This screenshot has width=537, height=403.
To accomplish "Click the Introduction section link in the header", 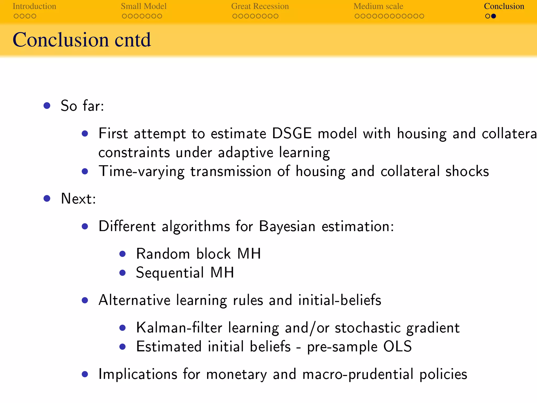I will click(x=34, y=6).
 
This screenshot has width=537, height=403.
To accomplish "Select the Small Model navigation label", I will click(x=143, y=6).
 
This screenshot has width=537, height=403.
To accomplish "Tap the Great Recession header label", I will click(x=260, y=6).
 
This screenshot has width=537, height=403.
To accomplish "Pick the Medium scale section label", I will click(x=378, y=6).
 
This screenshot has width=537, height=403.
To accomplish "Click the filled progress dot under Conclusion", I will click(x=493, y=16).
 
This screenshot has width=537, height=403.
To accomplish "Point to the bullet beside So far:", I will click(x=47, y=105).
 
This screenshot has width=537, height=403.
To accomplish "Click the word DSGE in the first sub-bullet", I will click(x=292, y=133).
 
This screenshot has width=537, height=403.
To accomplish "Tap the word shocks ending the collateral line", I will click(x=467, y=171).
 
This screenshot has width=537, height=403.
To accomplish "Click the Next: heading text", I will click(x=78, y=199).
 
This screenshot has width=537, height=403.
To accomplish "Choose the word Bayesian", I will click(x=287, y=226).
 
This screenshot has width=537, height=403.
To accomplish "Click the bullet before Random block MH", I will click(x=122, y=254).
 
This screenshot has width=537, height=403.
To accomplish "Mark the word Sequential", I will click(x=170, y=273).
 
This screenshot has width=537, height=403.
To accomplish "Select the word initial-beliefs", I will click(x=340, y=300).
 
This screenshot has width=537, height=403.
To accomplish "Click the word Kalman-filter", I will click(x=179, y=328).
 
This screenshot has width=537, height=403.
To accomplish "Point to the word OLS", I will click(x=397, y=346).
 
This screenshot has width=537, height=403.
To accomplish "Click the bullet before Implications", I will click(x=85, y=374).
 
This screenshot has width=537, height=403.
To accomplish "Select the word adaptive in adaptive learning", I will click(x=245, y=152).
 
